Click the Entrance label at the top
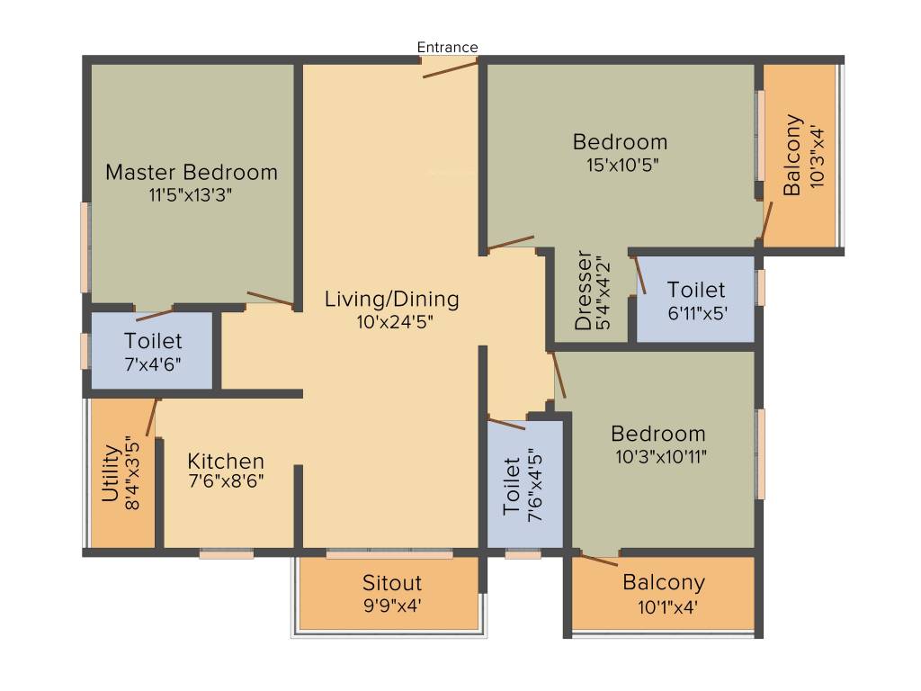tap(447, 47)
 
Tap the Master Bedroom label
tap(192, 172)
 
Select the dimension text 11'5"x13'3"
tap(191, 194)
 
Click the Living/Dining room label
tap(392, 299)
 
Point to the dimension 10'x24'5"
tap(395, 322)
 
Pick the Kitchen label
tap(226, 462)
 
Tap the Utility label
tap(111, 473)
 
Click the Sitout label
tap(392, 583)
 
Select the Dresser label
tap(583, 290)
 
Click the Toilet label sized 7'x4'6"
tap(153, 341)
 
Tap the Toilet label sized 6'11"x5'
tap(696, 290)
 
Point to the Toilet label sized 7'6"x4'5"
tap(512, 487)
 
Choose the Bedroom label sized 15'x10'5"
tap(621, 141)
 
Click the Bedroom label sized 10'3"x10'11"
tap(657, 434)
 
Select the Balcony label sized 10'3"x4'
tap(792, 155)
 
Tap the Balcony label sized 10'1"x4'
tap(664, 582)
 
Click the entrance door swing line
tap(450, 69)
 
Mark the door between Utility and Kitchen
tap(151, 417)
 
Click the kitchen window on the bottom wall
tap(226, 553)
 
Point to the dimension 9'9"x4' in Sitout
tap(392, 606)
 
